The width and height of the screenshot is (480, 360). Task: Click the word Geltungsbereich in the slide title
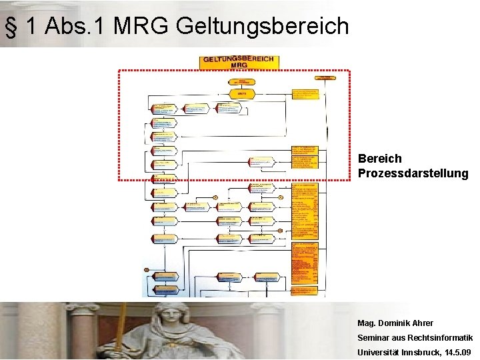(x=263, y=27)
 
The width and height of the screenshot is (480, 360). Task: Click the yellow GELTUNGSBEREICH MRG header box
(x=239, y=62)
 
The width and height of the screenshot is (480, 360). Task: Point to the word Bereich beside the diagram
(x=379, y=159)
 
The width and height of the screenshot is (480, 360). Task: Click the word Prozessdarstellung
(x=413, y=173)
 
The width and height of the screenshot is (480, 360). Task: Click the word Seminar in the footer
(x=374, y=338)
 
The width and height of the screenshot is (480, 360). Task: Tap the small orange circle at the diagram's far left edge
(x=146, y=269)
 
